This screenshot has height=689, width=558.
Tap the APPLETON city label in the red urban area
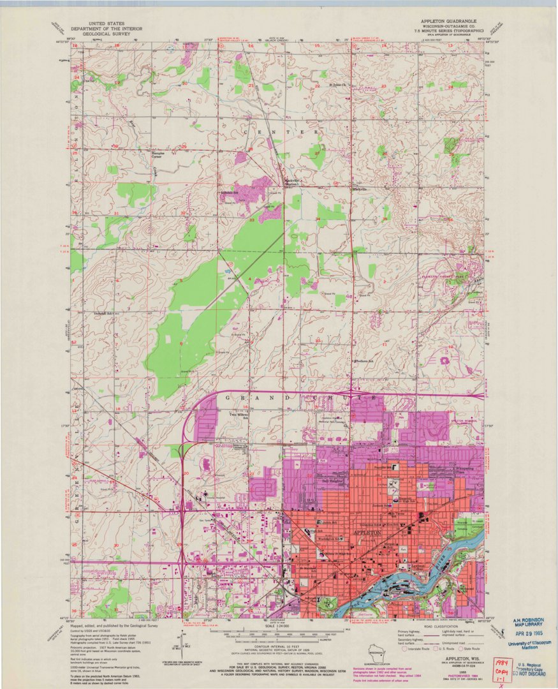[x=367, y=532]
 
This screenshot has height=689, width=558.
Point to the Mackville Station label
[x=291, y=182]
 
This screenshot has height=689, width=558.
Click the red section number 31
[x=116, y=212]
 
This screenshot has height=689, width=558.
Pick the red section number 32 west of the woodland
[x=184, y=212]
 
